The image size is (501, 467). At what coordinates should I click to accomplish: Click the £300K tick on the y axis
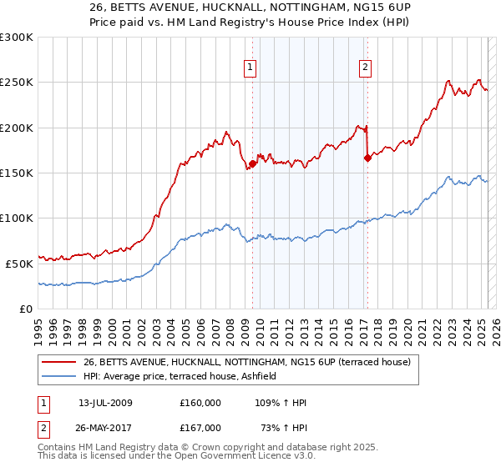tap(17, 38)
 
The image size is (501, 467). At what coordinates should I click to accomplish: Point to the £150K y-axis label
tap(17, 173)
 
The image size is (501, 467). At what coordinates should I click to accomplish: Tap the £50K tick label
tap(20, 263)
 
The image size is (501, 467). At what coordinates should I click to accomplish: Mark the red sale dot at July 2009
tap(252, 163)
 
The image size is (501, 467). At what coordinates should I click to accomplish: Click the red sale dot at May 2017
tap(367, 157)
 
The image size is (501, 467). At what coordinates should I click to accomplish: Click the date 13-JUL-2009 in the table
tap(105, 403)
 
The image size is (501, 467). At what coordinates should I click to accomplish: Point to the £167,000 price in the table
tap(200, 427)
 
